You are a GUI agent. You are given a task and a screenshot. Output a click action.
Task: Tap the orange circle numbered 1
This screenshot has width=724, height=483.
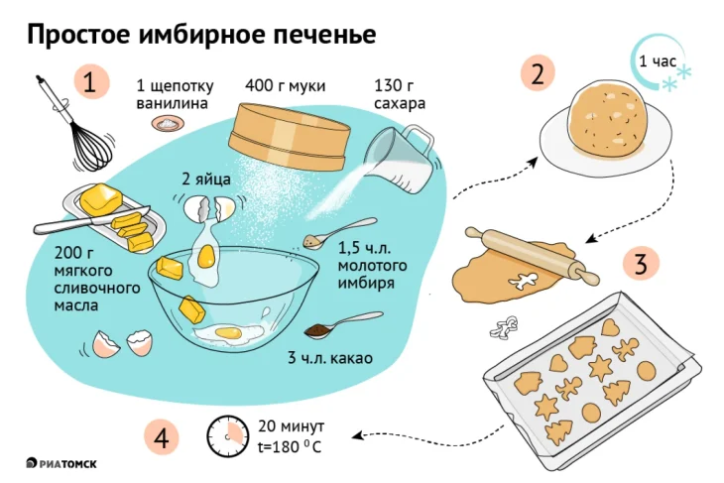click(x=89, y=82)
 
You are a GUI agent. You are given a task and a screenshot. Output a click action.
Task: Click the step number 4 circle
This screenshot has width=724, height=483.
click(x=161, y=435)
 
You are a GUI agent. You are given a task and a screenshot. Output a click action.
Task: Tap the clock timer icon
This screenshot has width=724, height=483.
click(x=227, y=433)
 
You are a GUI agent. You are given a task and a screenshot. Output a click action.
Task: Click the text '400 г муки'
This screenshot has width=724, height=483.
click(x=286, y=85)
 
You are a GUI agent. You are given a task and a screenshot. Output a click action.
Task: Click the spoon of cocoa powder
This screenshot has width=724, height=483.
click(x=337, y=324)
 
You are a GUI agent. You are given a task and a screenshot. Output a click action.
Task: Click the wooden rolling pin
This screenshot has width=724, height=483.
click(x=534, y=254)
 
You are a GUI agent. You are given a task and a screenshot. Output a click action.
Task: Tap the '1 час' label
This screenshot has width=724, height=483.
click(x=657, y=61)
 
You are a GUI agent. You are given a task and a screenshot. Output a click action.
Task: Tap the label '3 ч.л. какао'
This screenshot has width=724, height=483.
click(x=329, y=358)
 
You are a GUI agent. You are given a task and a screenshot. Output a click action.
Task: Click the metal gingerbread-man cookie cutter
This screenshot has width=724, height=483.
click(x=509, y=323)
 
